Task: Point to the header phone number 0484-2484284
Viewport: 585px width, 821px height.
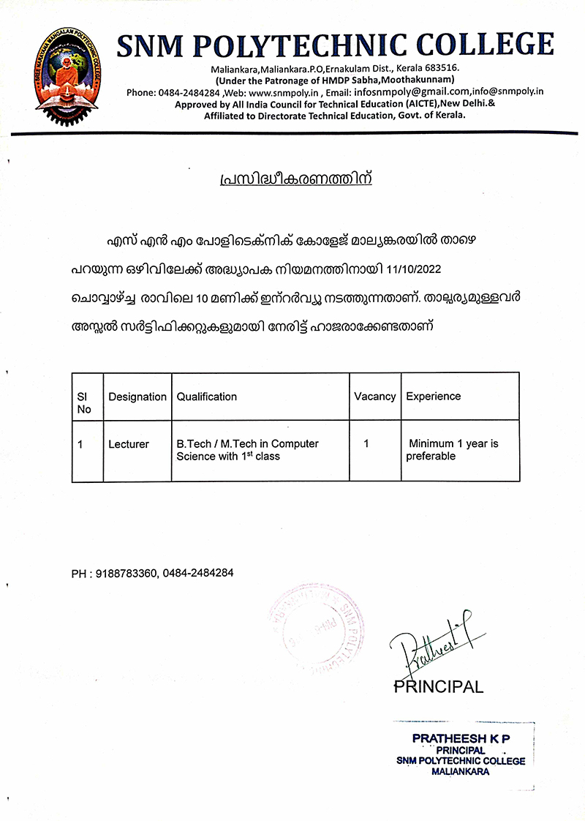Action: tap(189, 92)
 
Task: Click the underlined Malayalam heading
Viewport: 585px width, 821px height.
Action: tap(295, 179)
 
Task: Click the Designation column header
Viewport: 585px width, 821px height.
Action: tap(137, 397)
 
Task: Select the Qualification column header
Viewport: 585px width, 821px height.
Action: tap(207, 397)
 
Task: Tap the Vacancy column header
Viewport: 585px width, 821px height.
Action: tap(374, 397)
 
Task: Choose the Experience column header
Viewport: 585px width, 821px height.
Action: tap(434, 397)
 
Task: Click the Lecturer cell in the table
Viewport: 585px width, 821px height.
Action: tap(129, 444)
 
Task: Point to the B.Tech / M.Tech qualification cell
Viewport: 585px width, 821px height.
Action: tap(247, 450)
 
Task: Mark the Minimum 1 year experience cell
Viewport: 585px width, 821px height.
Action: tap(453, 450)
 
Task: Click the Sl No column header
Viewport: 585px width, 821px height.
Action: tap(84, 402)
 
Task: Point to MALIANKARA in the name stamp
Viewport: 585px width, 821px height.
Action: tap(461, 771)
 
